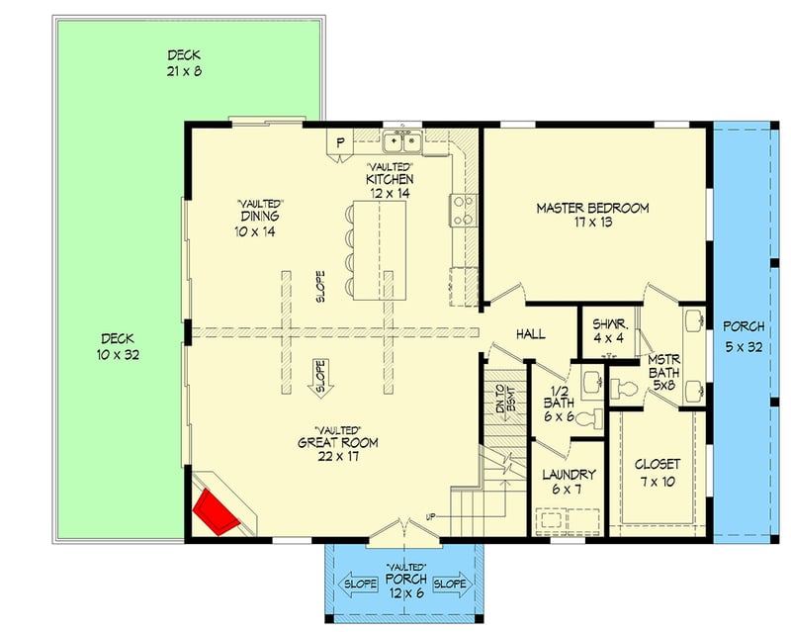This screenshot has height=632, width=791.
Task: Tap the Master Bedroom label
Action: (592, 216)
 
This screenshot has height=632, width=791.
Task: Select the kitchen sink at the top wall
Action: (403, 145)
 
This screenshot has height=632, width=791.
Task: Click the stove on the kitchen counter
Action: (463, 209)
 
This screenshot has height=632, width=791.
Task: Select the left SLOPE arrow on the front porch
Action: (359, 584)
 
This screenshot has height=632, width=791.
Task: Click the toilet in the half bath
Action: (588, 420)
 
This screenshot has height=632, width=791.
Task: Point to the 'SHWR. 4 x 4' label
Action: (606, 330)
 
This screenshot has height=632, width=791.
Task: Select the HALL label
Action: (530, 335)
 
